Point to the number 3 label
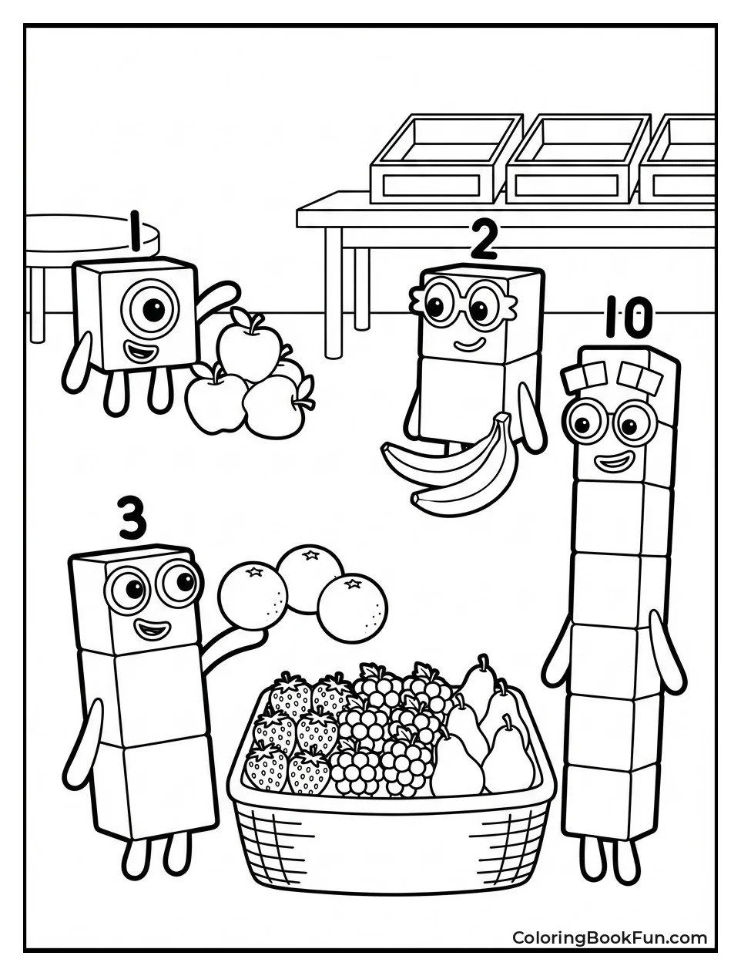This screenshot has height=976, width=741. coord(132,518)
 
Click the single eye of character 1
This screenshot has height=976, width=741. coord(153,310)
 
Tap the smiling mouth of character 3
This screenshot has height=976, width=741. coord(152,630)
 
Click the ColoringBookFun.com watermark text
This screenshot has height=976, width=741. coord(609,937)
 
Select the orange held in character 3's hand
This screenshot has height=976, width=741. coord(253,594)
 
